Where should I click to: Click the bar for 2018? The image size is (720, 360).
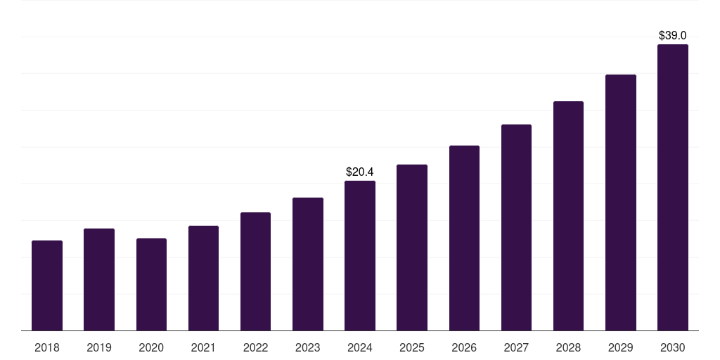pos(47,285)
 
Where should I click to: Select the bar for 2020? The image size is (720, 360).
pos(151,284)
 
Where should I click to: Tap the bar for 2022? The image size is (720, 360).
pos(255,271)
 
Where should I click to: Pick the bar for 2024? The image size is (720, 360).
pos(360,255)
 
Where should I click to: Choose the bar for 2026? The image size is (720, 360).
pos(464,238)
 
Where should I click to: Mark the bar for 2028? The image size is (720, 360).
pos(568,216)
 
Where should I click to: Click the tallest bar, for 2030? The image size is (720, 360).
pos(672,187)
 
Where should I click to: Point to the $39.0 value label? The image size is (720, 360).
pos(672,35)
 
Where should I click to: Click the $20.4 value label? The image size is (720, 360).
pos(360,172)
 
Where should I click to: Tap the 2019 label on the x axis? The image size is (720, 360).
pos(99,347)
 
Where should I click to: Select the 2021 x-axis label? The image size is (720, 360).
pos(203,347)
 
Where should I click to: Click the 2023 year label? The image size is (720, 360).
pos(307,347)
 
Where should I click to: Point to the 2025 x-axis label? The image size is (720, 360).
pos(412,347)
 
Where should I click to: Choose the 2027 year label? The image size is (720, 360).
pos(516,347)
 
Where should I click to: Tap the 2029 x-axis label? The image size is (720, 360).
pos(620,347)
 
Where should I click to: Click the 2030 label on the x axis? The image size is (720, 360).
pos(672,347)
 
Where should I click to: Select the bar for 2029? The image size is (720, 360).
pos(620,202)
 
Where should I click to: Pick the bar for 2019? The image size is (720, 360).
pos(99,279)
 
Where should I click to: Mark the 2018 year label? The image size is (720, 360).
pos(47,347)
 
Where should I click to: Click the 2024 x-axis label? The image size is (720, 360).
pos(360,347)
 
